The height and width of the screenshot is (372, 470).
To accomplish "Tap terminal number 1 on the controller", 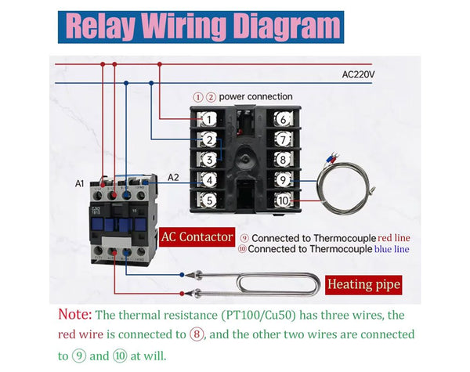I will click(x=208, y=119).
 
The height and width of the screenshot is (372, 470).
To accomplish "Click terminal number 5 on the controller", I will click(x=208, y=200).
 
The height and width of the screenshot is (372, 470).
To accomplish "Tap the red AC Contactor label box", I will click(x=197, y=237).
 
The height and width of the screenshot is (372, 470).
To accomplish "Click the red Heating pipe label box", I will click(x=363, y=284).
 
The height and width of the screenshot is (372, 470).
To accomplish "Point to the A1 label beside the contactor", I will click(x=79, y=184).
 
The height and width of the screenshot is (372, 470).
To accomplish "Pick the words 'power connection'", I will click(x=255, y=96).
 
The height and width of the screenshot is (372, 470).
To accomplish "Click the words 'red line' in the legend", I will click(x=393, y=237).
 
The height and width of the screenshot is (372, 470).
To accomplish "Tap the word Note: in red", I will click(x=74, y=315).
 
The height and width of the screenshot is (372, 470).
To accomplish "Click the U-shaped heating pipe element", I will click(x=258, y=283).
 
